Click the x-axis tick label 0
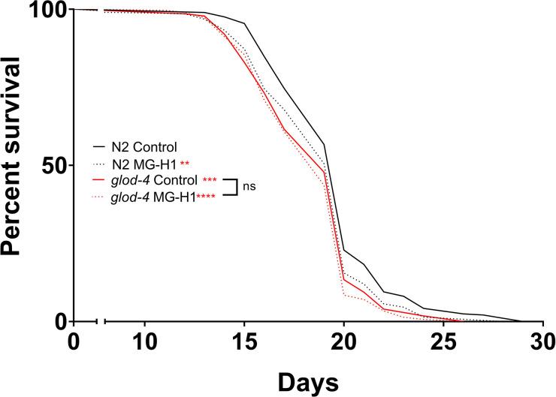click(74, 339)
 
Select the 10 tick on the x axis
click(144, 339)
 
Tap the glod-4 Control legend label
click(154, 180)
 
